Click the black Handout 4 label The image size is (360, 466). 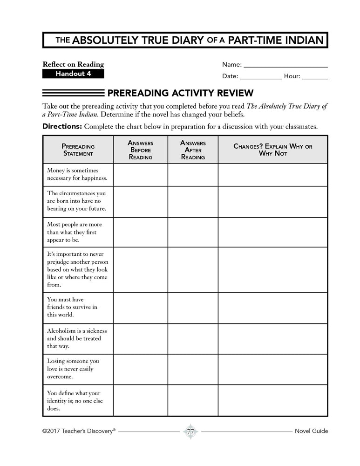click(73, 74)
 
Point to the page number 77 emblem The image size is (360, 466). click(190, 431)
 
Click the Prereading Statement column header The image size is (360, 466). click(78, 150)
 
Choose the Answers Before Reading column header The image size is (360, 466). click(140, 150)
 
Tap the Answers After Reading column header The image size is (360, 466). click(193, 150)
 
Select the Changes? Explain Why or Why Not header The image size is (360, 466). click(272, 150)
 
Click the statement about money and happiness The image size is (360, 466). click(77, 174)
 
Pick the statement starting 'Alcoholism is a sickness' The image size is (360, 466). click(77, 338)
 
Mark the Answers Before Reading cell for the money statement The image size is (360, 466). click(140, 175)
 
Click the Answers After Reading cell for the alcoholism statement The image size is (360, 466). click(193, 339)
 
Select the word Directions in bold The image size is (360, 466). click(62, 126)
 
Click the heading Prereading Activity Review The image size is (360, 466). click(180, 93)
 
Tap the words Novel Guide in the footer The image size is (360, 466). click(311, 431)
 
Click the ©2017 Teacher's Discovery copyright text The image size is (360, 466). click(79, 431)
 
